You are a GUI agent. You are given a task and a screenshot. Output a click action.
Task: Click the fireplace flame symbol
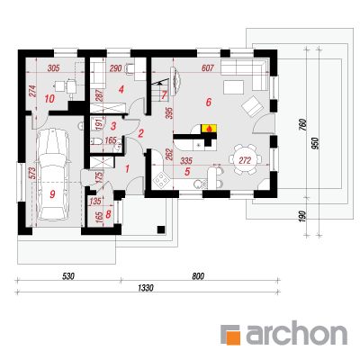tap(208, 129)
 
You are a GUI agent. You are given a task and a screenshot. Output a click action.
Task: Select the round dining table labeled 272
tap(245, 159)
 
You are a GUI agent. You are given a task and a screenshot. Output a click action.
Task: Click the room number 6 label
tap(209, 103)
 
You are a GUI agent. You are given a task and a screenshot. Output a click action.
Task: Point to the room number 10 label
tap(49, 98)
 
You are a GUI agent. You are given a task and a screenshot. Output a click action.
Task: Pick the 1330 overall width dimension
tap(146, 288)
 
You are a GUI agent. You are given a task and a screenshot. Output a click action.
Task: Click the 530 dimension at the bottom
tap(68, 276)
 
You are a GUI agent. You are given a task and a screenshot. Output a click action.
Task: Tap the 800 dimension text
tap(198, 276)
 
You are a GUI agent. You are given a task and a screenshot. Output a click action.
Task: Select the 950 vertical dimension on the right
tap(316, 143)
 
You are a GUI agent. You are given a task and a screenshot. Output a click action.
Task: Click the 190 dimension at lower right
tap(302, 216)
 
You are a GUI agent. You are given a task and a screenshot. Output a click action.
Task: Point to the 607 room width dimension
tap(208, 67)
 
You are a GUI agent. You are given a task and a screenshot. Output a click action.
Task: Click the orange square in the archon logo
tap(234, 337)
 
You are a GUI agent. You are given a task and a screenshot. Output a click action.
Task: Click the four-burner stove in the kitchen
tap(160, 180)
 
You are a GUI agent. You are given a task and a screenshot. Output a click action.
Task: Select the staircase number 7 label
tap(164, 95)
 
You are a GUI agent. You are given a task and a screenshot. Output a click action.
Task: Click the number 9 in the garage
tap(52, 194)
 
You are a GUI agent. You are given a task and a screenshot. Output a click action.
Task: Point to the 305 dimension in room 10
tap(53, 68)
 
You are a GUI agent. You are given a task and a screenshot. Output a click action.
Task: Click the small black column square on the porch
tap(161, 229)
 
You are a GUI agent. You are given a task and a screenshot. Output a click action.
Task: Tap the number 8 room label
tap(108, 214)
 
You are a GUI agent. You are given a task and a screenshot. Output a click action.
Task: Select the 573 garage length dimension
tap(32, 173)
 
